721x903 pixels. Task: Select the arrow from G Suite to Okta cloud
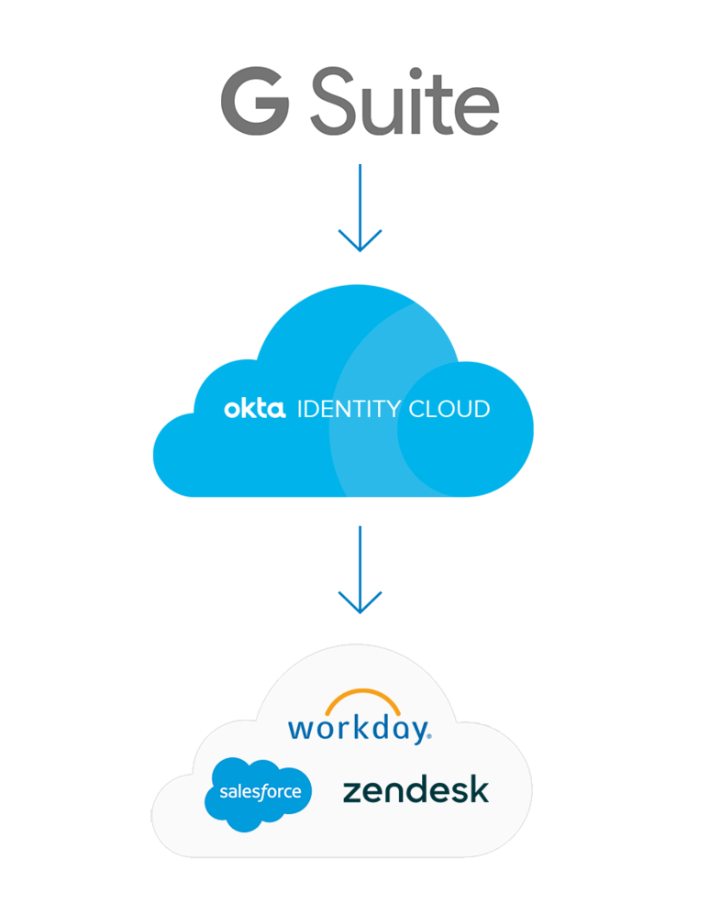click(x=360, y=202)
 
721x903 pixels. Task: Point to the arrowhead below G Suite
click(x=360, y=244)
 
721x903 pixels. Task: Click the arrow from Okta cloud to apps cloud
click(x=360, y=564)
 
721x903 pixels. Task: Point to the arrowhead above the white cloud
click(x=360, y=605)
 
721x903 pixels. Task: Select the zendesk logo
click(x=416, y=790)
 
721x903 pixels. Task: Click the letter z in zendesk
click(x=351, y=793)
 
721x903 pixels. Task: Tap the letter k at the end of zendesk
click(x=479, y=789)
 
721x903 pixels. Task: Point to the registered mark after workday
click(x=427, y=735)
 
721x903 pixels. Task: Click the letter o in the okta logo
click(x=232, y=410)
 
